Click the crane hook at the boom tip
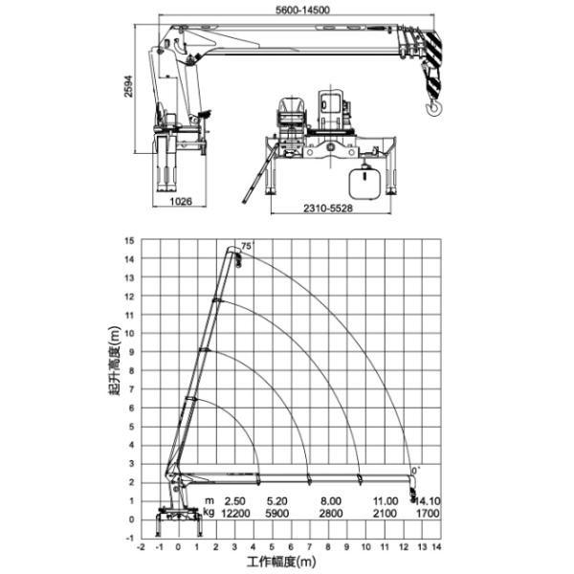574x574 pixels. coord(432,106)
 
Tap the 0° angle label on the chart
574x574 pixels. coord(416,471)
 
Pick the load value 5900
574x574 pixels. coord(277,513)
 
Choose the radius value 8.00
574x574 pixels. coord(330,500)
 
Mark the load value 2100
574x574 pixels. coord(385,513)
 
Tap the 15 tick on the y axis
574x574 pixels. coord(128,240)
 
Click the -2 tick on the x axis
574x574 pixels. coord(142,547)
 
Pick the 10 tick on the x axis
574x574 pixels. coord(365,547)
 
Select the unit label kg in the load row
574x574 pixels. coord(210,513)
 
